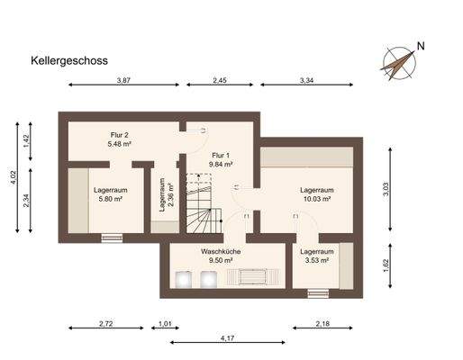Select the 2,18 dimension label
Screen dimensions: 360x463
tap(322, 322)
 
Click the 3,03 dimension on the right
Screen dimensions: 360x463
tap(386, 188)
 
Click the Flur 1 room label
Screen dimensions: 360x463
tap(222, 154)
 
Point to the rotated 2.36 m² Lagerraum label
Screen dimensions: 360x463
tap(167, 195)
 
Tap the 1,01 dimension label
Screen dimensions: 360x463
tap(165, 322)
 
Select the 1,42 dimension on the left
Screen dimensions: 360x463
tap(26, 139)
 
